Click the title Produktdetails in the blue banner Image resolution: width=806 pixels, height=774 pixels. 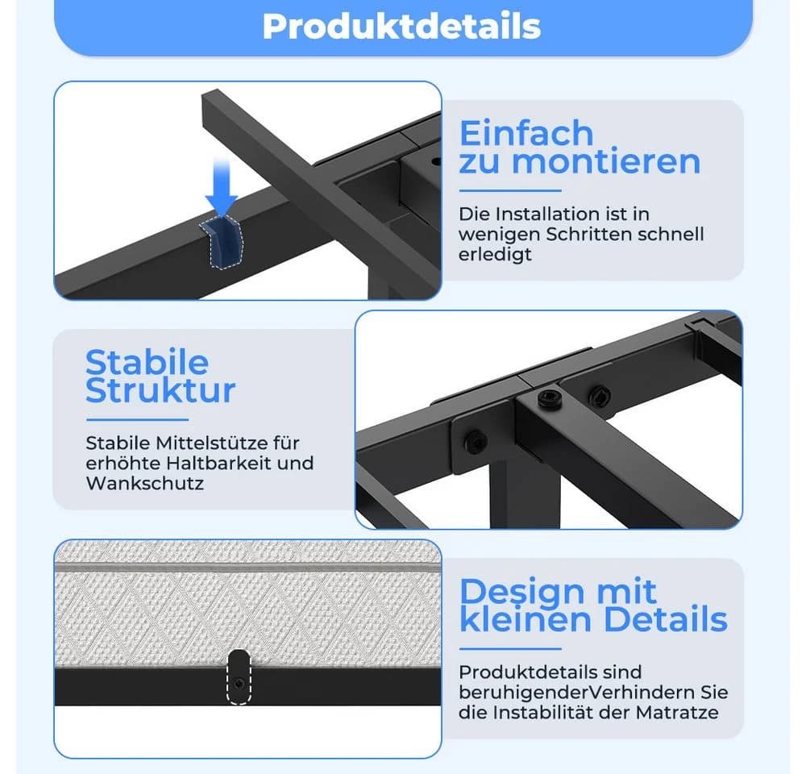click(401, 27)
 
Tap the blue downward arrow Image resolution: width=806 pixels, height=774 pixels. click(222, 188)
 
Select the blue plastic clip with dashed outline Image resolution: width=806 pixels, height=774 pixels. click(221, 242)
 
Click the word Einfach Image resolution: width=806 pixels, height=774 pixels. click(526, 133)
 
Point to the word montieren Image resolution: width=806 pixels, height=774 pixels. click(607, 161)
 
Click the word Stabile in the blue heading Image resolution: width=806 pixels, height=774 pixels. click(147, 362)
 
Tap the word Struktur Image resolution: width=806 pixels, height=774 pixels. click(160, 390)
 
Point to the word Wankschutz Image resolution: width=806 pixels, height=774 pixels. click(145, 483)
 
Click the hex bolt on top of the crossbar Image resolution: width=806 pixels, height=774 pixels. click(550, 398)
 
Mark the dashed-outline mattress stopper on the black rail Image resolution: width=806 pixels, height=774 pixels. click(239, 676)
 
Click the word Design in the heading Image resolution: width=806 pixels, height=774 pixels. click(521, 592)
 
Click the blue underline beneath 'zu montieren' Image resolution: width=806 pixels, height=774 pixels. click(510, 191)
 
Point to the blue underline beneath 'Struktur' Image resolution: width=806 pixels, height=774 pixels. click(137, 420)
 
